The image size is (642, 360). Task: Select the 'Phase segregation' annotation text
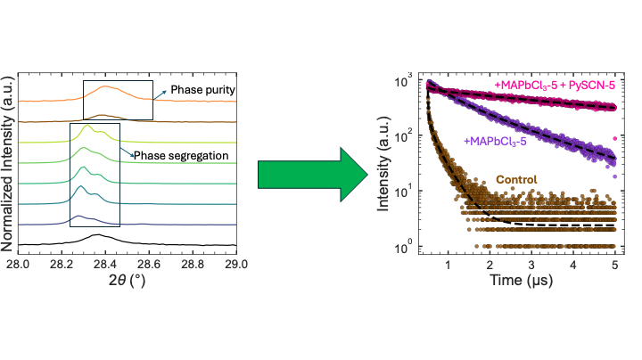click(x=183, y=157)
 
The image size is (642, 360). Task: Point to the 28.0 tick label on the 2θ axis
click(x=20, y=265)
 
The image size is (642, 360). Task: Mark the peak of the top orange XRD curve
click(x=105, y=86)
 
